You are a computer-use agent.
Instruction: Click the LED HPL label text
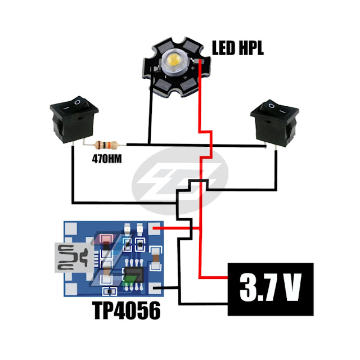(237, 48)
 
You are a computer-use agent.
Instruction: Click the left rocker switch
(74, 119)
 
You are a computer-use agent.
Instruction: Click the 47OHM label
(108, 158)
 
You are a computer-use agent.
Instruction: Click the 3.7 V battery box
(269, 289)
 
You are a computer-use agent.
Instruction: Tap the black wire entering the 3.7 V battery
(202, 305)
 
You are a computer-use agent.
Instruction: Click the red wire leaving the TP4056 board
(174, 228)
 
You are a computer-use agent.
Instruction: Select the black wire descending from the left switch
(73, 174)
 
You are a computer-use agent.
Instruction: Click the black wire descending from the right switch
(276, 169)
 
